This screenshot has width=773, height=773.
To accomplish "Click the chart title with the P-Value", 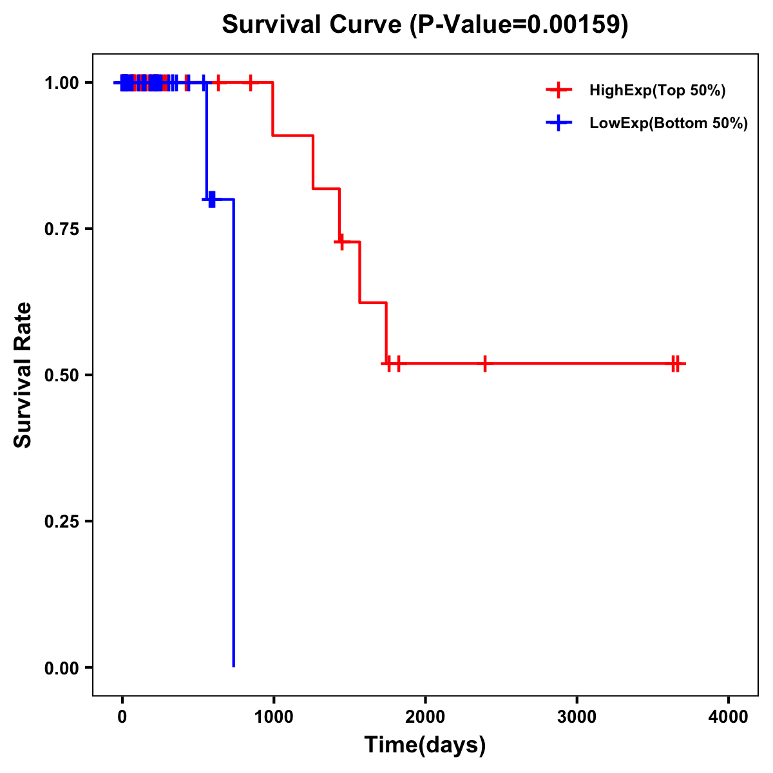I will [x=425, y=24].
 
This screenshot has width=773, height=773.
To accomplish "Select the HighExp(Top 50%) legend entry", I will [x=657, y=91].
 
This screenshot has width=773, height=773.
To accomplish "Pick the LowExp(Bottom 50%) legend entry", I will [x=668, y=124].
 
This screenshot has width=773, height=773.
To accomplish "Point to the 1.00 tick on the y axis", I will [x=62, y=83].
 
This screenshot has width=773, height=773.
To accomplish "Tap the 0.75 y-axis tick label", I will [x=62, y=229].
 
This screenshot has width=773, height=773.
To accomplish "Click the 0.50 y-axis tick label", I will [x=62, y=376].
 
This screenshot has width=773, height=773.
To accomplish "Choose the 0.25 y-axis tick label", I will [x=62, y=522].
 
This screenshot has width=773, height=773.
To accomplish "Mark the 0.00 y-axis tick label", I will [x=62, y=668].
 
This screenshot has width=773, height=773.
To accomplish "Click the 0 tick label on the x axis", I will [x=122, y=717].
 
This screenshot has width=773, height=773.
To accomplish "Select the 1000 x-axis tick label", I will [x=274, y=717].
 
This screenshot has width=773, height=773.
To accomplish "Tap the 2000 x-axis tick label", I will [x=425, y=717].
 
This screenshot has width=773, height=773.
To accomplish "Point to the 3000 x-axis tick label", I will [x=577, y=717].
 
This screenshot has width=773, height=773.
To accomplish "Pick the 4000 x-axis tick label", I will [x=729, y=717].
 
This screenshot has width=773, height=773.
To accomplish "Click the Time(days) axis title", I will [x=425, y=745].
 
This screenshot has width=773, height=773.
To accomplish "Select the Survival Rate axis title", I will [x=23, y=375].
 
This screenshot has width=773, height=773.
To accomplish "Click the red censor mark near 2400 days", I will [x=485, y=363].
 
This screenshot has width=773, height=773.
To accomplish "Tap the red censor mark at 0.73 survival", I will [x=340, y=242].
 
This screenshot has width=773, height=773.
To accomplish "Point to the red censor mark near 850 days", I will [x=251, y=82].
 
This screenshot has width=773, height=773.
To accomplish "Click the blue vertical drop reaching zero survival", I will [x=233, y=451].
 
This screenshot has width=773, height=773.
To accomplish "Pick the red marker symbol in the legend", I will [x=558, y=90].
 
